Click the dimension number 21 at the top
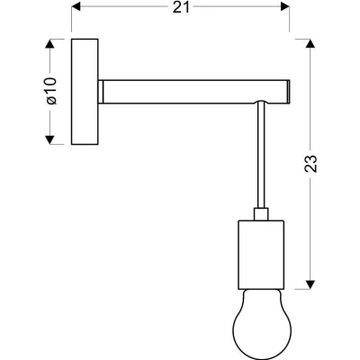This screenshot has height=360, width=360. click(x=182, y=7)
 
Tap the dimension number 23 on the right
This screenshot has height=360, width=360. click(x=310, y=164)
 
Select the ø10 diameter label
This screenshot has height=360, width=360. click(x=51, y=91)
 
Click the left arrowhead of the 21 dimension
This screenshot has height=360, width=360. click(x=76, y=6)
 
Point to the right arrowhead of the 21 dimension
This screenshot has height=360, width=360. click(x=284, y=6)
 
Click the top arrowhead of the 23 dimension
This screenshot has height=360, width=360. click(x=310, y=44)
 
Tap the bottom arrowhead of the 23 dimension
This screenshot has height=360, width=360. click(x=310, y=284)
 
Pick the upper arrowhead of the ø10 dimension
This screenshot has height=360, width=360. click(x=49, y=44)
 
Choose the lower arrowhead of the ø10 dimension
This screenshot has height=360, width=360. click(x=49, y=139)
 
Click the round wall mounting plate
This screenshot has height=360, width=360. click(x=85, y=92)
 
